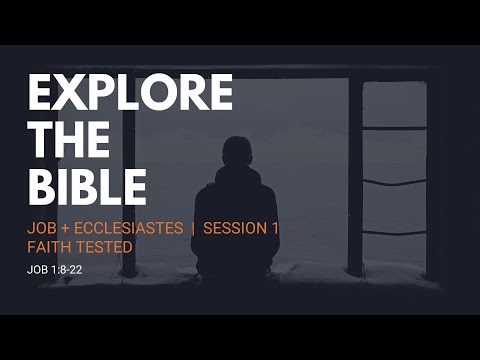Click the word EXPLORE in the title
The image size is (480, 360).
[130, 93]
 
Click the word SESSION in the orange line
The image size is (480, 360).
[235, 228]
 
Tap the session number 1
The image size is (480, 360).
[275, 228]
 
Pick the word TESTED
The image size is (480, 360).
[105, 246]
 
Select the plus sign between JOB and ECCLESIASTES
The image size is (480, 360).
[67, 228]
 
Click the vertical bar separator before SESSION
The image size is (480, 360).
[193, 228]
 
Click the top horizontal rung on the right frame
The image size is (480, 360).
[393, 127]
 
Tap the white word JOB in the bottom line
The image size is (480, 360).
[37, 269]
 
